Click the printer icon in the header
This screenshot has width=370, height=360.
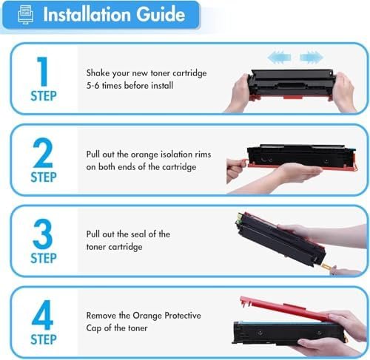click(26, 14)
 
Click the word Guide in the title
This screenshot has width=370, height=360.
click(161, 14)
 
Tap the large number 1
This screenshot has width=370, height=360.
click(43, 71)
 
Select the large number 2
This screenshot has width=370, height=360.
click(43, 152)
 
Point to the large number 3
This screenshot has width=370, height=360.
click(43, 234)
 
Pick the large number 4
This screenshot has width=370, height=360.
click(42, 315)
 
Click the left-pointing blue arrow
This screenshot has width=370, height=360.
click(279, 58)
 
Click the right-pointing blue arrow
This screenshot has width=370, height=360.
click(312, 58)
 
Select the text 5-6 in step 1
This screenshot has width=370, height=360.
click(92, 86)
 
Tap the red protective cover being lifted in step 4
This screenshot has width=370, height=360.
click(283, 307)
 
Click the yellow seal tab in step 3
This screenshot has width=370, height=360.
click(326, 266)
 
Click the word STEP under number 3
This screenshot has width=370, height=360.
click(44, 258)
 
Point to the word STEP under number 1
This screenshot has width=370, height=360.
click(44, 96)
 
